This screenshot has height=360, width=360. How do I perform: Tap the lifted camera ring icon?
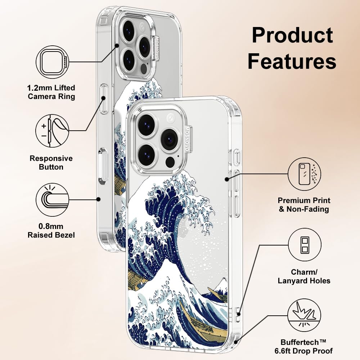click(52, 62)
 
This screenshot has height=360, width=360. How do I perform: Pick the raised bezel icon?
click(52, 199)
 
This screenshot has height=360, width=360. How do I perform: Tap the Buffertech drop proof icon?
click(305, 316)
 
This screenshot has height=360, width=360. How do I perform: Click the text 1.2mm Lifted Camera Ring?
click(51, 92)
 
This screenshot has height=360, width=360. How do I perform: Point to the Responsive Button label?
click(51, 162)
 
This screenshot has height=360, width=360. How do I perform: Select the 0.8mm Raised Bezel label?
click(51, 230)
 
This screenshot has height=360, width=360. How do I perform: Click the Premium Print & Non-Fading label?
click(304, 204)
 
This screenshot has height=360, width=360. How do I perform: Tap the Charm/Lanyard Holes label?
click(304, 276)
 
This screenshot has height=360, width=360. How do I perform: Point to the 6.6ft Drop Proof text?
click(307, 350)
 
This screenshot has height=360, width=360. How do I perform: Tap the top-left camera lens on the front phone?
click(147, 125)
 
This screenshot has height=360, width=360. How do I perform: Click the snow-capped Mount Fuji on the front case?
click(220, 286)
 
